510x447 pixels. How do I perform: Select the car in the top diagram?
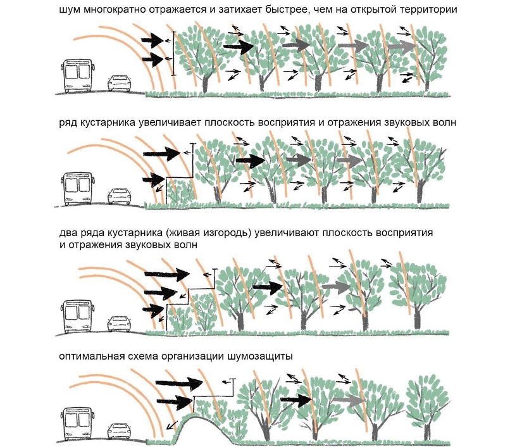[119, 83]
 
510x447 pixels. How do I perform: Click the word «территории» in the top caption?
[432, 10]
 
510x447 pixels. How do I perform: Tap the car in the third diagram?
[119, 323]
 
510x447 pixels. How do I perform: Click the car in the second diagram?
[119, 196]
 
